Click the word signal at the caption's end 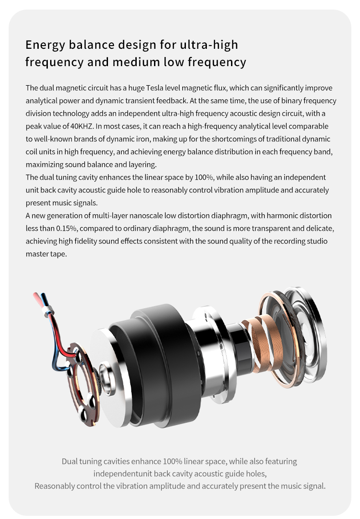coord(312,486)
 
